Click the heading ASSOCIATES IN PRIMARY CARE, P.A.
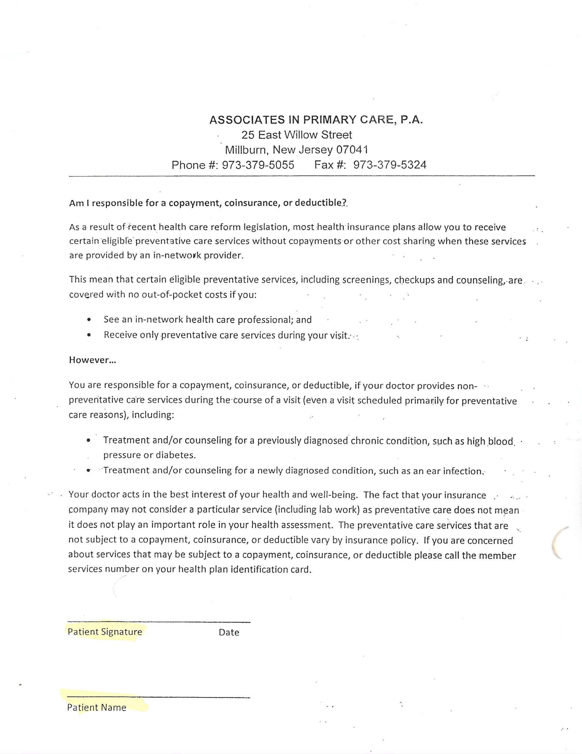point(316,120)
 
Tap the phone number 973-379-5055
point(258,165)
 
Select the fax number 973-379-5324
point(390,165)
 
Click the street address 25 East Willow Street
point(296,135)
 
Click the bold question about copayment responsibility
point(208,203)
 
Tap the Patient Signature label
point(105,632)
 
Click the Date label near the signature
point(229,632)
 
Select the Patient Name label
point(97,707)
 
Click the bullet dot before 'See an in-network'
point(89,320)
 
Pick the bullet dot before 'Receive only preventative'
point(89,335)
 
